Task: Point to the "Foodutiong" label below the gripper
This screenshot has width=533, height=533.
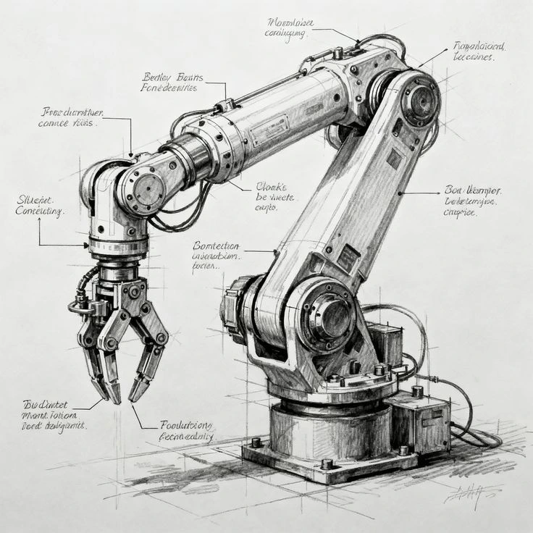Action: [x=186, y=431]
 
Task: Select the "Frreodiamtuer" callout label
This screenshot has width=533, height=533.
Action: [x=70, y=117]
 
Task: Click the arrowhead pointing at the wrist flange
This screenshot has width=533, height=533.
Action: [x=88, y=245]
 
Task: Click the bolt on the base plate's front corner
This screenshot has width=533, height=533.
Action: [x=327, y=463]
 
